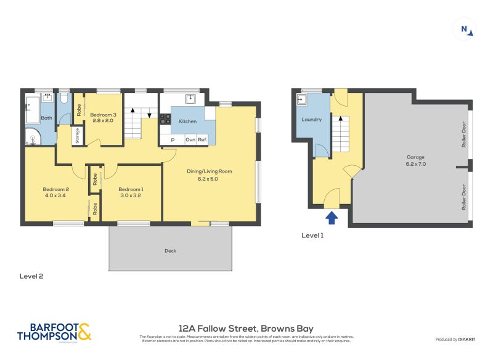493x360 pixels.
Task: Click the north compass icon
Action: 466,29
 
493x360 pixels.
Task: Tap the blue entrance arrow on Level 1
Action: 332,216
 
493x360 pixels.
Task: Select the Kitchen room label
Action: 188,121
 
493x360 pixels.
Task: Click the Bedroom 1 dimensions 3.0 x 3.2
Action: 131,195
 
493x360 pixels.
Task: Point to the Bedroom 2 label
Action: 55,189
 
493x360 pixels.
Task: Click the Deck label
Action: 170,251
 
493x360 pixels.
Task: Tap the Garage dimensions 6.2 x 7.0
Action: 416,164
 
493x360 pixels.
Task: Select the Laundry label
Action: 312,120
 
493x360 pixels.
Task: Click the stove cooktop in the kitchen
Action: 165,120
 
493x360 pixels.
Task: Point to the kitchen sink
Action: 190,99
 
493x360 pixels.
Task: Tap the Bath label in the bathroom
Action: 47,118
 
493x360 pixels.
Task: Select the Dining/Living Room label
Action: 210,171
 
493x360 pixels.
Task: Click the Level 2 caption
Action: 31,277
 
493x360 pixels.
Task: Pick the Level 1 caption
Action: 312,235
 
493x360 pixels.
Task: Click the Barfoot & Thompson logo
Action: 54,332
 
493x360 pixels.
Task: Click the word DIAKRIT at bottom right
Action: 467,340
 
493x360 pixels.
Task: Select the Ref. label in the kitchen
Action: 202,140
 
